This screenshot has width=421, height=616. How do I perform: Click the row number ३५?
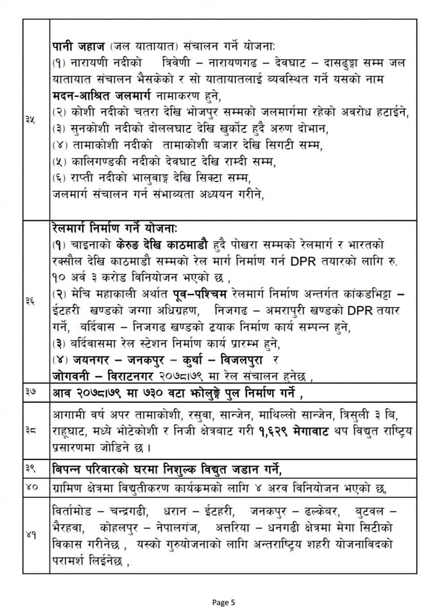(x=30, y=119)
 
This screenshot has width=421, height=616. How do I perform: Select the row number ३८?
(x=30, y=431)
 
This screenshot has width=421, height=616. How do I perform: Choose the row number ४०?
(x=30, y=489)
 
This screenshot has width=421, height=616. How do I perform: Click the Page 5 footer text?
(x=224, y=602)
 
